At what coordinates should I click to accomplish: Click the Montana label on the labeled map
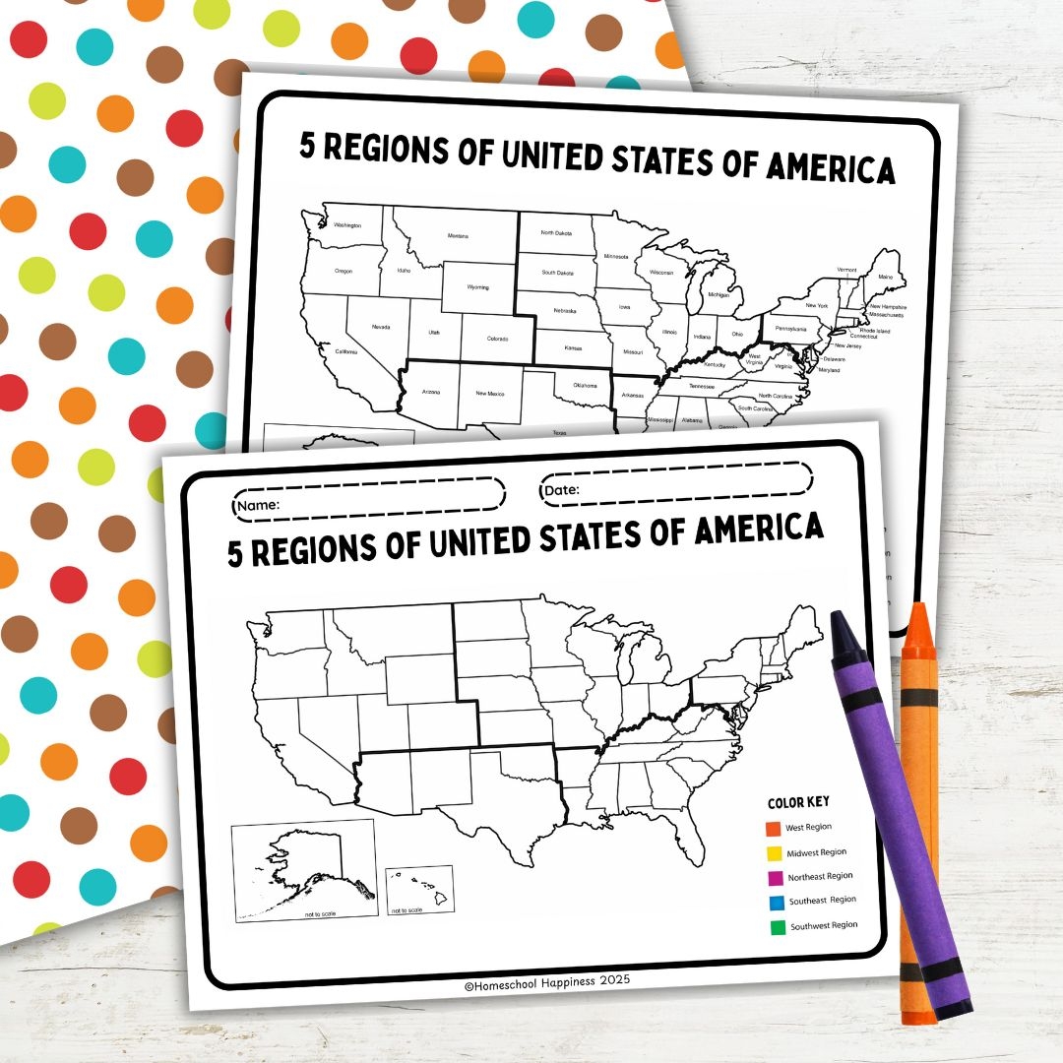click(x=458, y=236)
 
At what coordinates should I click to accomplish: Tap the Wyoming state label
click(x=478, y=288)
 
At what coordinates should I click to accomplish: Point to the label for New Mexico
click(x=489, y=394)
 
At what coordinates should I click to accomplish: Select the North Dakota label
click(x=556, y=233)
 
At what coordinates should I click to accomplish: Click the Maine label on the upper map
click(x=886, y=279)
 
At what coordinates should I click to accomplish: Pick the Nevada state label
click(x=380, y=327)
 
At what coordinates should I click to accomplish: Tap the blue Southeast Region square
click(x=777, y=902)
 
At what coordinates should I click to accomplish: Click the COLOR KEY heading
click(x=798, y=802)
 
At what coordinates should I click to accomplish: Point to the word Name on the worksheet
click(x=259, y=505)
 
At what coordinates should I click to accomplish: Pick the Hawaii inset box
click(x=419, y=891)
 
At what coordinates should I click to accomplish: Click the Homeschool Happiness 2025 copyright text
click(x=546, y=980)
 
